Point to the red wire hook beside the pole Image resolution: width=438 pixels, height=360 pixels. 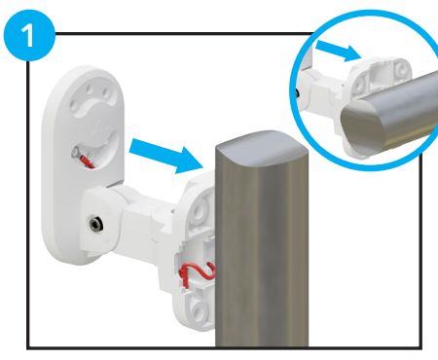pos(196,273)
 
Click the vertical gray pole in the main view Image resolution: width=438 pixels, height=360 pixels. pos(255,263)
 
